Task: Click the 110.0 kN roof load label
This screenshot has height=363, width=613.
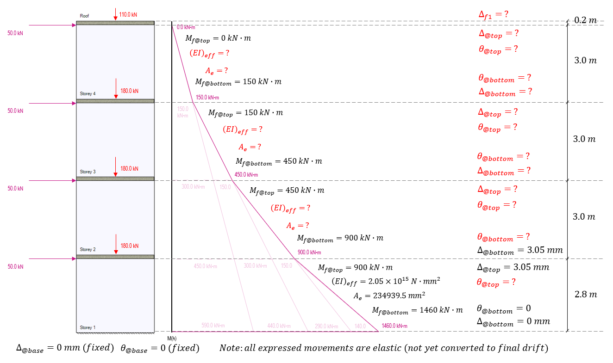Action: (x=128, y=14)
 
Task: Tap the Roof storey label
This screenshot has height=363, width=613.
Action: (x=84, y=16)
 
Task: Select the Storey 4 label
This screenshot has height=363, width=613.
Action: (x=88, y=94)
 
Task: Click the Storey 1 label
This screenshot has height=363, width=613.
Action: (x=88, y=327)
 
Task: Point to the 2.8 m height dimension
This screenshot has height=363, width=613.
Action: (x=585, y=295)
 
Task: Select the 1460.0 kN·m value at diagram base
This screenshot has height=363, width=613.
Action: (x=394, y=326)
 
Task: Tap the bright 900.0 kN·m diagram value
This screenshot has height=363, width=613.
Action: (x=309, y=252)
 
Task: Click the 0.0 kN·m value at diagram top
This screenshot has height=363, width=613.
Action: (x=186, y=28)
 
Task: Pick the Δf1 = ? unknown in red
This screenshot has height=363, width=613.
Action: (x=493, y=14)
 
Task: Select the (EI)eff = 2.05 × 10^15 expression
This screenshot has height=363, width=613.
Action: (x=386, y=281)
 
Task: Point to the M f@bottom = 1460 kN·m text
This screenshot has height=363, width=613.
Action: (x=417, y=310)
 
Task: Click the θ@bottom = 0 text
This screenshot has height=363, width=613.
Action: (x=504, y=308)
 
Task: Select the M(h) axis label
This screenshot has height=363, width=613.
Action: (x=172, y=338)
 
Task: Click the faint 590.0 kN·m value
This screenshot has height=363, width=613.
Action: (x=213, y=326)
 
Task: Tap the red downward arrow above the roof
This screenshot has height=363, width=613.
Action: (x=115, y=14)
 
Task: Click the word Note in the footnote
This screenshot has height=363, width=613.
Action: (x=230, y=348)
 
